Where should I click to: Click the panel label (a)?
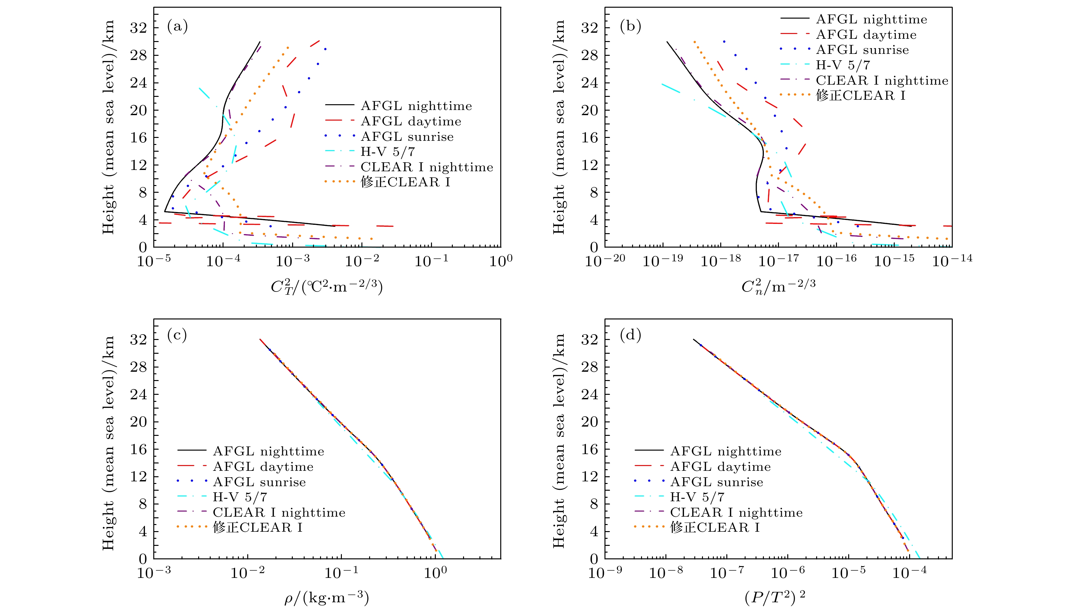click(177, 26)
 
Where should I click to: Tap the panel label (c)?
click(177, 335)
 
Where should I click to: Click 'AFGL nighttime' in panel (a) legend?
click(416, 106)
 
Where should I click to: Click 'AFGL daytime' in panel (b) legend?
click(866, 35)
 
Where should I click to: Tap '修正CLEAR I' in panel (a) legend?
click(405, 182)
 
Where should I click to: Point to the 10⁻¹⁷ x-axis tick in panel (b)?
click(778, 261)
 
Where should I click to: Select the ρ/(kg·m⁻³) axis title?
click(327, 597)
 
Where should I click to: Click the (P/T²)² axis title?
click(775, 597)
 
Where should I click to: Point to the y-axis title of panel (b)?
click(559, 127)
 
